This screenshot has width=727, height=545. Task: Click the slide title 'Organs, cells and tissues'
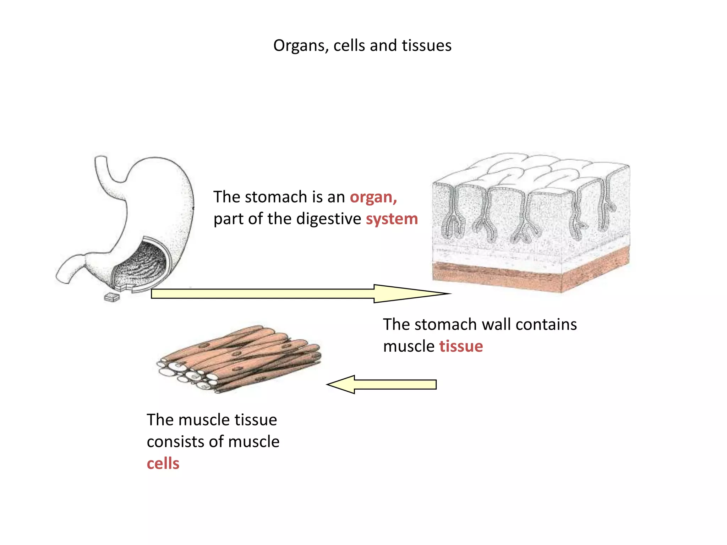[x=362, y=46]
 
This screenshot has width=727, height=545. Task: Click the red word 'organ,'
[x=373, y=197]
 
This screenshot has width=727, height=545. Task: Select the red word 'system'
[x=392, y=219]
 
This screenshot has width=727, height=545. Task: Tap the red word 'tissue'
[x=461, y=346]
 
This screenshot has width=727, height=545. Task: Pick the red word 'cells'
[x=163, y=464]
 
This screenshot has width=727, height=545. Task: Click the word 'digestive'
[x=328, y=219]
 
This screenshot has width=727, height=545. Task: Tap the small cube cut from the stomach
[x=112, y=297]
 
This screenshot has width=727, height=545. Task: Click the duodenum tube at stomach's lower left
[x=69, y=268]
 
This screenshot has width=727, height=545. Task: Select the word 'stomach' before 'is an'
[x=280, y=197]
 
